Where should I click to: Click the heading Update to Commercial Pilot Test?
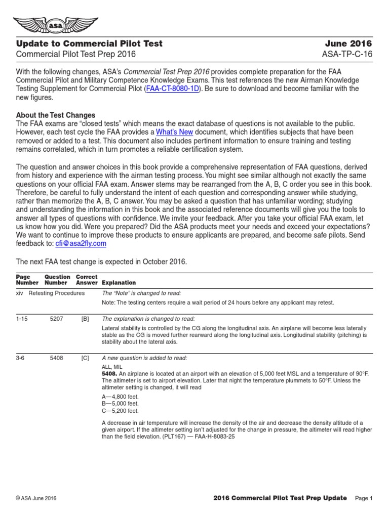click(x=89, y=44)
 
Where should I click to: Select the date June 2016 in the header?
click(x=349, y=44)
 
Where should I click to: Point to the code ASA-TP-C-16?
click(x=347, y=55)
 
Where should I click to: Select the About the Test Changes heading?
click(x=56, y=115)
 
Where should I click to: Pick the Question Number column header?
click(x=57, y=280)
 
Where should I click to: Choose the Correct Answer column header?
click(x=87, y=280)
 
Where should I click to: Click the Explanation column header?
click(x=119, y=283)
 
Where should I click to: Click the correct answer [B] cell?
click(x=85, y=319)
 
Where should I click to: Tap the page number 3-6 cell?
click(x=21, y=358)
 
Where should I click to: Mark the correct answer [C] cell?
click(x=85, y=358)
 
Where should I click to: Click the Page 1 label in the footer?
click(x=364, y=498)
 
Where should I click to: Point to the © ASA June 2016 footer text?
click(x=36, y=498)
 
